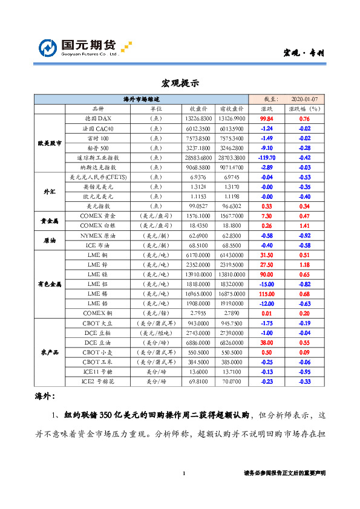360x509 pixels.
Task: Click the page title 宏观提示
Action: (x=180, y=83)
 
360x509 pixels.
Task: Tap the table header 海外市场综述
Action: (x=141, y=99)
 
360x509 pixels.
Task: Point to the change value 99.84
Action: (x=267, y=119)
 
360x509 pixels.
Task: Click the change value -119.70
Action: (x=267, y=157)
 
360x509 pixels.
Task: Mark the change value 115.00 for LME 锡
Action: (x=267, y=293)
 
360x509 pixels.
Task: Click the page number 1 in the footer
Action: (x=183, y=473)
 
